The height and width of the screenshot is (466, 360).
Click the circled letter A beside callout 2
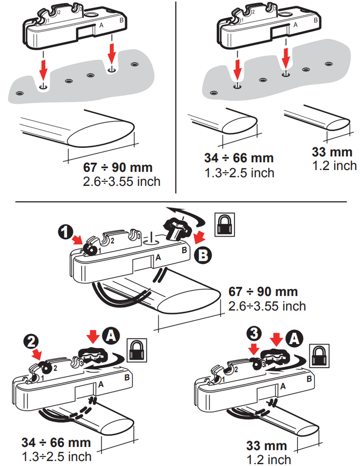coord(111,335)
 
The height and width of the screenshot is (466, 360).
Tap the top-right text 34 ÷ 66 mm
coord(239,158)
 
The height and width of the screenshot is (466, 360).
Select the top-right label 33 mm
coord(333,152)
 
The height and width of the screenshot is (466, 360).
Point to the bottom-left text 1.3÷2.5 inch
coord(56,454)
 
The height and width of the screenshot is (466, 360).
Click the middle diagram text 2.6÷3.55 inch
coord(267,306)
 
